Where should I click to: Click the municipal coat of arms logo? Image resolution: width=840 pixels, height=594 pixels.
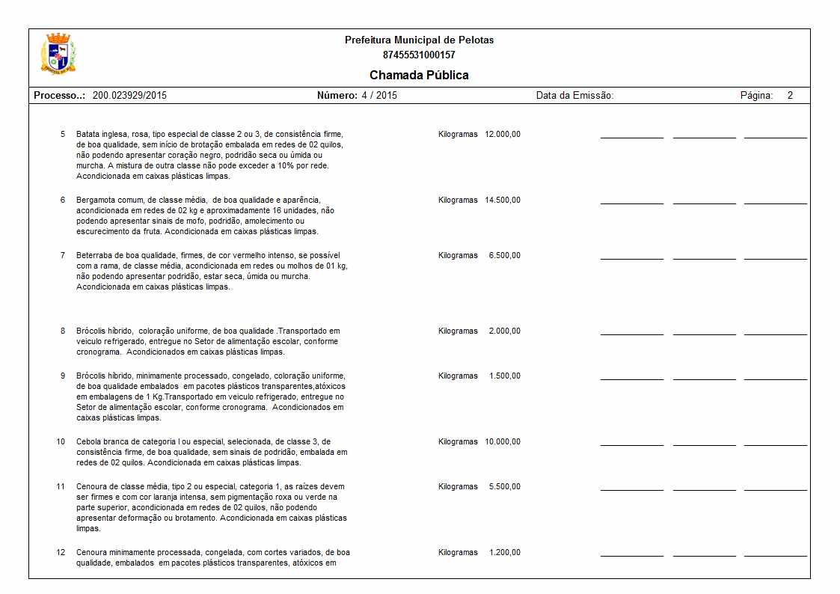(x=58, y=54)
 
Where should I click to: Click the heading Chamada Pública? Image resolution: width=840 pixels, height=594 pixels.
(x=419, y=75)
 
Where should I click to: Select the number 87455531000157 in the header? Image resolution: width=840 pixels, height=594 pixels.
(x=419, y=55)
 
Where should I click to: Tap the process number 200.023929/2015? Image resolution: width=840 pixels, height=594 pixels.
(x=129, y=96)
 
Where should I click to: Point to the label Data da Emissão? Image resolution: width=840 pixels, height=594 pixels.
(x=574, y=96)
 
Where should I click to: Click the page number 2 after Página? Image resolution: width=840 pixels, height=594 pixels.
(x=790, y=96)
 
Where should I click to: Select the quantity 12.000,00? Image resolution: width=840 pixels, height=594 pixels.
(x=503, y=135)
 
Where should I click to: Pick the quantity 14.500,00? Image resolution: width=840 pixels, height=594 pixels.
(x=503, y=200)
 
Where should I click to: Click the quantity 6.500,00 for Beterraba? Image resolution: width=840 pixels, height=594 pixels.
(x=504, y=256)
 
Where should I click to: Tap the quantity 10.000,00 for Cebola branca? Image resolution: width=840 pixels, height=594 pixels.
(x=503, y=442)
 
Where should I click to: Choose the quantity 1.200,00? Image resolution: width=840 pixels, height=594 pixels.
(x=504, y=553)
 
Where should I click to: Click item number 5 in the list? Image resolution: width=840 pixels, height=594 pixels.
(x=63, y=135)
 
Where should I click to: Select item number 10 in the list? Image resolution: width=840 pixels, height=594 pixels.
(x=61, y=442)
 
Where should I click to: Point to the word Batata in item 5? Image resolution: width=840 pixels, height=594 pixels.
(x=88, y=135)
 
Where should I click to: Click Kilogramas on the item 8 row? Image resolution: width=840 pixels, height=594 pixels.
(x=458, y=331)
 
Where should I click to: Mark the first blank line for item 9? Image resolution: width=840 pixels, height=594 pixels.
(x=631, y=379)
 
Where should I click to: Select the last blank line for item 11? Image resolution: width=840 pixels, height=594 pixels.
(x=775, y=490)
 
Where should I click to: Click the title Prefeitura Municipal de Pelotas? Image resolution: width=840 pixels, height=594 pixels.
(x=419, y=40)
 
